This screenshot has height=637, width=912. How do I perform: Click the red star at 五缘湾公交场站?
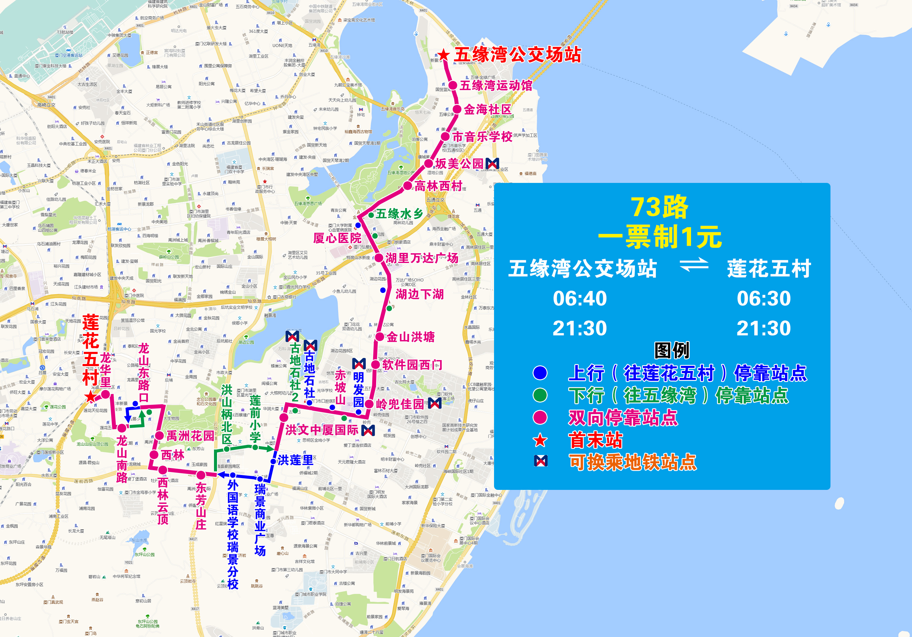click(444, 55)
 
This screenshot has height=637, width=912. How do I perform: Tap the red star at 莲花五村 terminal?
click(91, 396)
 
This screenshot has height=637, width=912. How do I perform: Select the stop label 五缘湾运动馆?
click(496, 86)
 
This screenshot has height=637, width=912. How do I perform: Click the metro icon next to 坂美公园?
click(492, 163)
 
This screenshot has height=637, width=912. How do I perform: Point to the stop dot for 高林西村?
click(408, 186)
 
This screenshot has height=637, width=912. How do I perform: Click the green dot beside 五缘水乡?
click(371, 215)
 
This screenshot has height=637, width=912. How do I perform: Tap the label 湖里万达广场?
click(422, 258)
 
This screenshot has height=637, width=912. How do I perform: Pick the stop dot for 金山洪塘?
click(379, 337)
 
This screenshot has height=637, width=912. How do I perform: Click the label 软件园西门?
click(412, 365)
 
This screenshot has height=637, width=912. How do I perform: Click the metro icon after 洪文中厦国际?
click(368, 430)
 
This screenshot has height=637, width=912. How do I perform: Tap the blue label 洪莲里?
click(296, 460)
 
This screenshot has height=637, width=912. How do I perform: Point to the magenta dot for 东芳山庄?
click(201, 475)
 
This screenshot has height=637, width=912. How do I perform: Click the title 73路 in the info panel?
click(659, 207)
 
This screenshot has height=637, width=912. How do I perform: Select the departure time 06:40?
click(580, 298)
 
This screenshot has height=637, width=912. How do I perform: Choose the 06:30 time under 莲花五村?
click(763, 298)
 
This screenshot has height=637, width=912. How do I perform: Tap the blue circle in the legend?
click(540, 372)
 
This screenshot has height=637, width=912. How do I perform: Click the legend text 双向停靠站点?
click(623, 417)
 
